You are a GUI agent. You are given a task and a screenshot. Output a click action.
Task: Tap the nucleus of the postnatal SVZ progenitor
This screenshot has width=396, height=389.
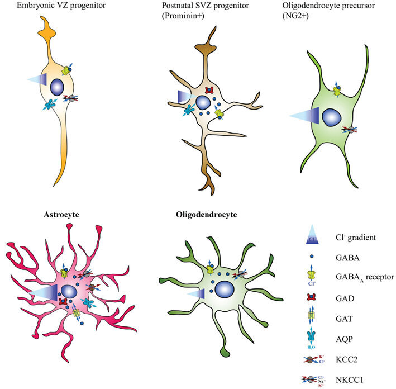tap(203, 103)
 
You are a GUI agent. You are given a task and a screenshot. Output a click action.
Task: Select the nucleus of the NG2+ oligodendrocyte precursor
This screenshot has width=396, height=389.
tap(332, 116)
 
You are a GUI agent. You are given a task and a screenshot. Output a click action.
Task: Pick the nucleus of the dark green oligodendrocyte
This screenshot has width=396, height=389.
tap(225, 289)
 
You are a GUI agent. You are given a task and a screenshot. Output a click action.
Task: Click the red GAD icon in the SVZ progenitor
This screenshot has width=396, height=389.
tap(210, 90)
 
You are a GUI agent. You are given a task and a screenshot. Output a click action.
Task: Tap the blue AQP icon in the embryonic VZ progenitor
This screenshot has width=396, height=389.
tap(49, 104)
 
